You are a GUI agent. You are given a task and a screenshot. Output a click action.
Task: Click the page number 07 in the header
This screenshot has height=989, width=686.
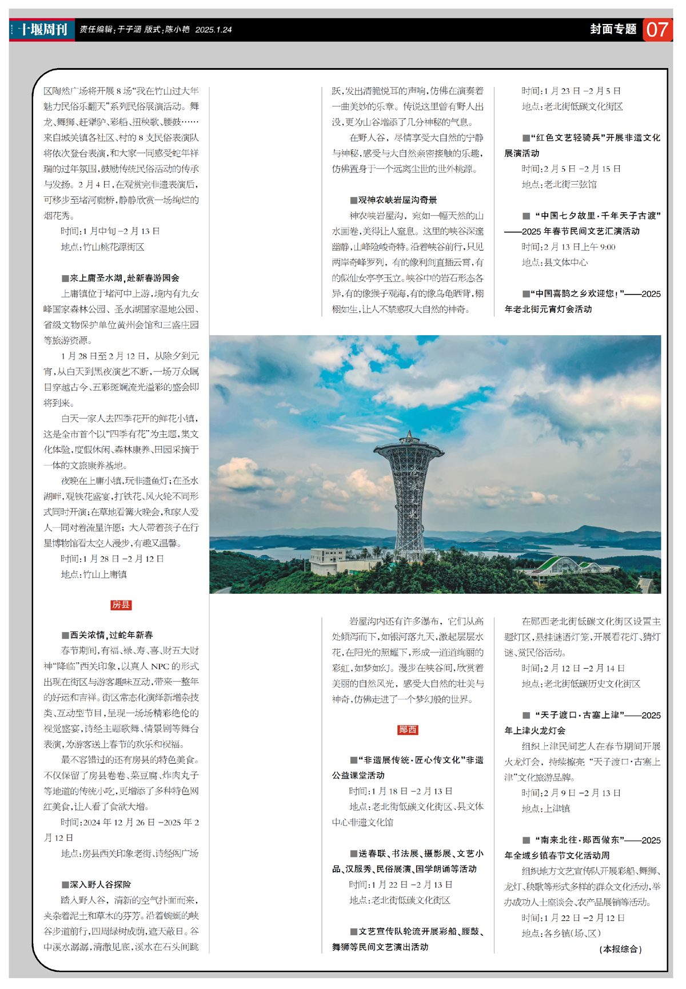point(657,29)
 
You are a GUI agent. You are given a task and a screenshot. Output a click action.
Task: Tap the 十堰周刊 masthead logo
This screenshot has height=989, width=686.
point(43,29)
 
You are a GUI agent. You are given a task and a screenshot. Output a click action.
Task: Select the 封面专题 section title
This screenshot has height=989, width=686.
point(613,29)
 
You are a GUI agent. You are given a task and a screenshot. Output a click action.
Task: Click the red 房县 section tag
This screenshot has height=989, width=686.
point(121,605)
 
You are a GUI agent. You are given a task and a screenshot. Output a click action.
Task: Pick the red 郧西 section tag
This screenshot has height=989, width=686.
point(408,729)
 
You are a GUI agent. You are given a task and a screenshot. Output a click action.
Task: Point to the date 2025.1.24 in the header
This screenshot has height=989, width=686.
point(213,30)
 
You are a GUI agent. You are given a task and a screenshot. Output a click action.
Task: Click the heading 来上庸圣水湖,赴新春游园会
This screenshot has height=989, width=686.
point(121,278)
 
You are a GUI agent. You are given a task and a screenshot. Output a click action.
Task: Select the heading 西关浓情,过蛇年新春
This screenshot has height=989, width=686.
point(107,635)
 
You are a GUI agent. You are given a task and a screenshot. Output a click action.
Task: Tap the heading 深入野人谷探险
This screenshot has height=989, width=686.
point(97,884)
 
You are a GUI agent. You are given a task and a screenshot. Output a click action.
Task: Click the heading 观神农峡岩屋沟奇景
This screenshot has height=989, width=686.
point(394,200)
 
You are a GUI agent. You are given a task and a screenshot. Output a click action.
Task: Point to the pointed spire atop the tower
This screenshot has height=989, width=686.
point(409,435)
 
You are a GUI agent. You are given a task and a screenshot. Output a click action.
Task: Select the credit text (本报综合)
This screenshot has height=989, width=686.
point(620,949)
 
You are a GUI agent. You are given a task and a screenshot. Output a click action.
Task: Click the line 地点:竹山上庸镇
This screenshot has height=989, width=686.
point(94,574)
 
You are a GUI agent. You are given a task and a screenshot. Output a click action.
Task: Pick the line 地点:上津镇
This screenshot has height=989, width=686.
point(546,808)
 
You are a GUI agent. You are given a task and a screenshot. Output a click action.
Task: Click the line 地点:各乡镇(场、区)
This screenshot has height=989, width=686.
point(561,933)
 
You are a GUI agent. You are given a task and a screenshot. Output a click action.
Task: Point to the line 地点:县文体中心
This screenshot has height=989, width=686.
point(555,263)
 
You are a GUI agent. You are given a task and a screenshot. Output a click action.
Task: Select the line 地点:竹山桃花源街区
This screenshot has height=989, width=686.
point(103,247)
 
